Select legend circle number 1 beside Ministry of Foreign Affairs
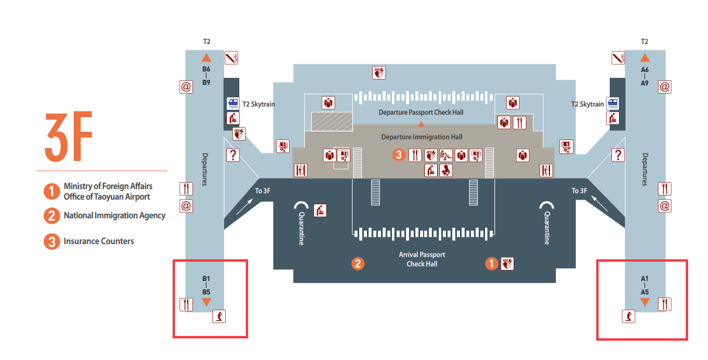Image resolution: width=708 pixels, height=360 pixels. click(51, 191)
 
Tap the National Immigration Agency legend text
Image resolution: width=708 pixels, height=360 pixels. click(114, 215)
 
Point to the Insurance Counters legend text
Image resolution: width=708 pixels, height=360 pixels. click(98, 241)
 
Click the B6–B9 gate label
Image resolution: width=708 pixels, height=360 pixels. click(206, 76)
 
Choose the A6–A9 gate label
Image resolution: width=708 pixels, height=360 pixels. click(644, 76)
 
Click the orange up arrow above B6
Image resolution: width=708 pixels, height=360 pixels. click(206, 57)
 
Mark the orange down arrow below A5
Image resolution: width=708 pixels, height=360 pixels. click(644, 302)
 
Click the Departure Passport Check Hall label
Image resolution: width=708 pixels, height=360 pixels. click(421, 112)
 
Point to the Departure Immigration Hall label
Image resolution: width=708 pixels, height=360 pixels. click(421, 137)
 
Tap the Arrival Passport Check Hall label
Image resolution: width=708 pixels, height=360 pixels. click(422, 259)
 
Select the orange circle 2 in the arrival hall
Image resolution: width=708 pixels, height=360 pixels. click(358, 264)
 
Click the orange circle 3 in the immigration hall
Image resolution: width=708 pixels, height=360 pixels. click(398, 155)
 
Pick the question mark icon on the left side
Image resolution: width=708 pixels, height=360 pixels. click(233, 155)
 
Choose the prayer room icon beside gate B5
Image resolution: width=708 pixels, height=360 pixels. click(219, 317)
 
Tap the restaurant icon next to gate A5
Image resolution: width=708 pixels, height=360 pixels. click(665, 304)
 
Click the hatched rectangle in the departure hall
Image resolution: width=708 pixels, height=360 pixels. click(332, 121)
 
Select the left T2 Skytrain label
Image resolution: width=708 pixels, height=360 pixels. click(259, 104)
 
